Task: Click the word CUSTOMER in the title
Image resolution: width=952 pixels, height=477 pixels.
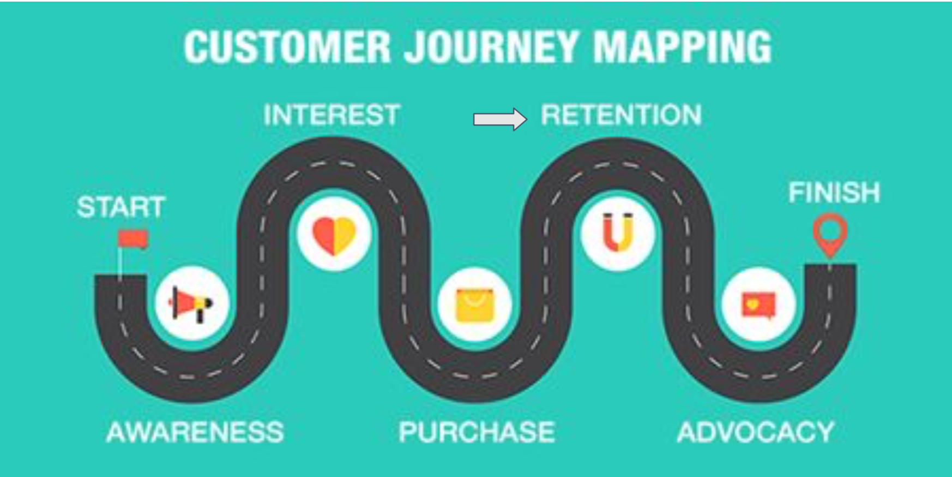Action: point(287,46)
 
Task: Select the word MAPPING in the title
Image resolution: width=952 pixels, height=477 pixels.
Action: point(683,46)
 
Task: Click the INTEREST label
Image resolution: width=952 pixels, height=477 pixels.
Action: point(332,115)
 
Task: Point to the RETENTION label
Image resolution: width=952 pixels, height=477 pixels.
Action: point(621,115)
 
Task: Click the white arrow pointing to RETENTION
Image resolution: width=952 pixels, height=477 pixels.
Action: point(501,120)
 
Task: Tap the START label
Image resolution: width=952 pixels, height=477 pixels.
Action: point(121,207)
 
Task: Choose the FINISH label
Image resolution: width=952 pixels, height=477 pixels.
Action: point(834,193)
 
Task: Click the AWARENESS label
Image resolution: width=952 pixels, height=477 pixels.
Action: point(195,432)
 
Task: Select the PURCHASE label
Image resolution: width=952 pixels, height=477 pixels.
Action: point(477,432)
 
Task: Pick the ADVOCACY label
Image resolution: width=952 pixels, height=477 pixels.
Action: point(756,432)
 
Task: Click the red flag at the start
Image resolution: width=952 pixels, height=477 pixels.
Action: point(133,239)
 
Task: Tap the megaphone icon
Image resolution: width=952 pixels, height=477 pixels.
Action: point(191,303)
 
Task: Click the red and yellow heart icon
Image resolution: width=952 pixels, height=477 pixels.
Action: point(334,236)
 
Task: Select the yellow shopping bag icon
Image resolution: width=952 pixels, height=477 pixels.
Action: point(474,305)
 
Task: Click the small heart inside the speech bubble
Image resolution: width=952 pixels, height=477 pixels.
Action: point(753,304)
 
